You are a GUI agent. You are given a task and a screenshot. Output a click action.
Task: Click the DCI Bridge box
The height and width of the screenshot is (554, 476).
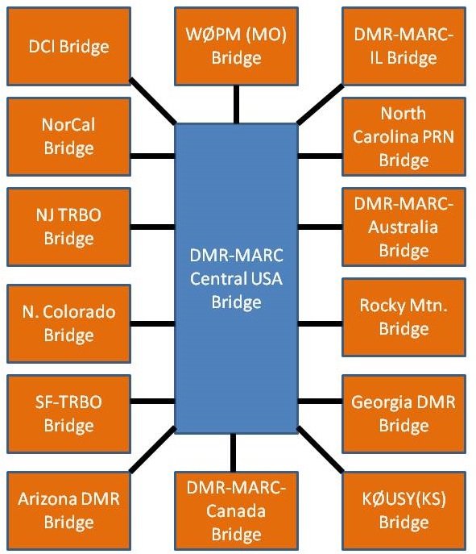click(69, 46)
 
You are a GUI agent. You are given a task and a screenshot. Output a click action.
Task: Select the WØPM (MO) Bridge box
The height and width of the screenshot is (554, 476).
click(236, 46)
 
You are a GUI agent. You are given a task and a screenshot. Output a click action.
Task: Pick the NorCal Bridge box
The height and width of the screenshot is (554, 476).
click(69, 137)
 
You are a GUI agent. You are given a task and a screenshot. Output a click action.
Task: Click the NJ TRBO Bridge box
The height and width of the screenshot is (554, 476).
click(69, 227)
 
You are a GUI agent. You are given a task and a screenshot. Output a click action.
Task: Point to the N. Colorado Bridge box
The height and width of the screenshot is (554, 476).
click(69, 323)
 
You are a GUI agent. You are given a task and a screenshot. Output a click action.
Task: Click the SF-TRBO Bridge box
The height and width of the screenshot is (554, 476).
click(69, 414)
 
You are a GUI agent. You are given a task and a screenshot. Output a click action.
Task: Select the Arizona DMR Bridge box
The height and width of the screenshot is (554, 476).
click(69, 510)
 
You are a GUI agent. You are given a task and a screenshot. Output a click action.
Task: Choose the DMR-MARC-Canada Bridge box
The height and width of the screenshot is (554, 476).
click(236, 510)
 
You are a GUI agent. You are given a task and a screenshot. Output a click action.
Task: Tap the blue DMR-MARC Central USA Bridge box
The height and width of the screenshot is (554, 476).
click(236, 278)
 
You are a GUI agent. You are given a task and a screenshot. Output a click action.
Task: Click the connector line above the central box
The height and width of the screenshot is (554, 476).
click(236, 104)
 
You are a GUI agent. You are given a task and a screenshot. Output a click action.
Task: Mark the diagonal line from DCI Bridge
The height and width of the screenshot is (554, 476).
click(153, 104)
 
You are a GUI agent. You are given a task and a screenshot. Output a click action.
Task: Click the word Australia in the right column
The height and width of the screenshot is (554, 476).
click(404, 227)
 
